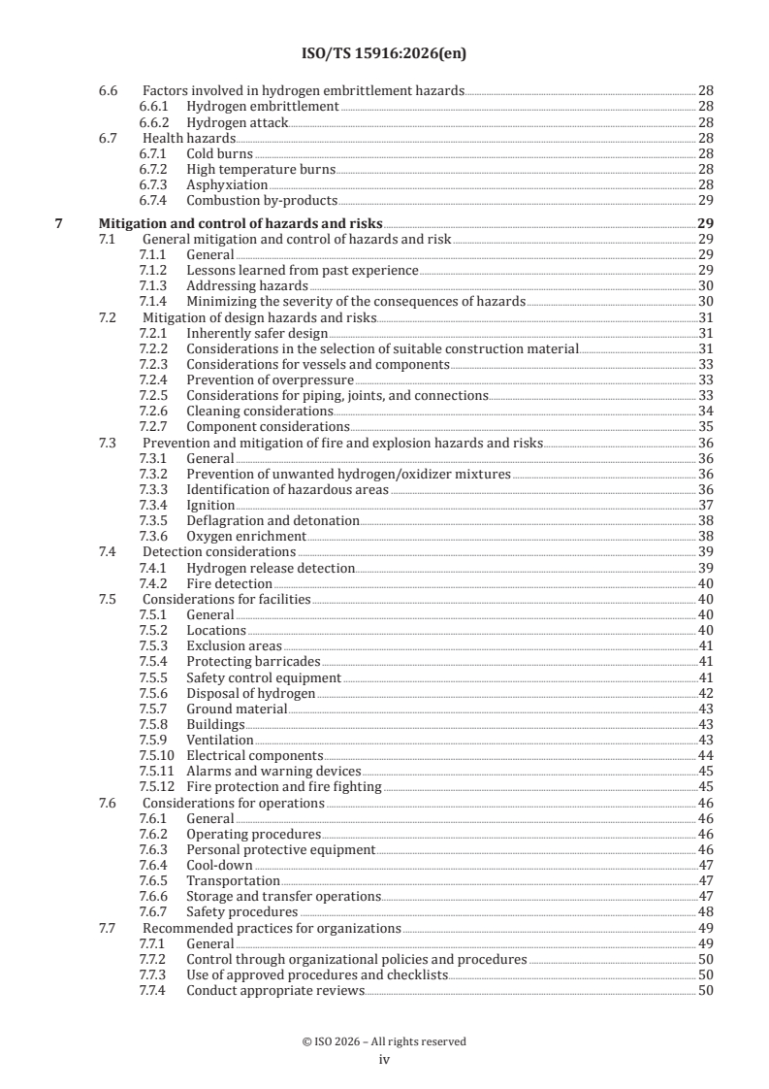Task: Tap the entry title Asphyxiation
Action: [x=227, y=184]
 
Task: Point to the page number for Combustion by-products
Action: [x=705, y=201]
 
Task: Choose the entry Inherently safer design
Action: [x=243, y=332]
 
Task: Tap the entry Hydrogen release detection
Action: [x=271, y=568]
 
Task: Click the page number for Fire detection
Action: [x=705, y=583]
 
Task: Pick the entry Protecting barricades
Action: [x=254, y=662]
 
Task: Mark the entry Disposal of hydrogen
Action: [x=250, y=693]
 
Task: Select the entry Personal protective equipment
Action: [x=280, y=849]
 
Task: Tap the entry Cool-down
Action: [x=219, y=865]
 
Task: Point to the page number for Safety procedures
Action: [x=705, y=912]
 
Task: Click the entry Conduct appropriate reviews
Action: [x=275, y=990]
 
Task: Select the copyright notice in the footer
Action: [x=384, y=1041]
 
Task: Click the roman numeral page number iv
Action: [x=384, y=1060]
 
